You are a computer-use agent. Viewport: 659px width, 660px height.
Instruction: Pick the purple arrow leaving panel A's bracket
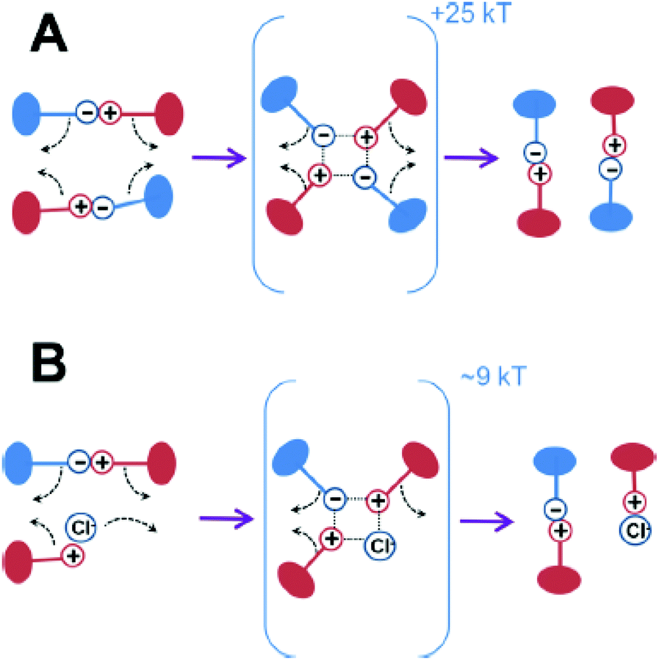coord(470,156)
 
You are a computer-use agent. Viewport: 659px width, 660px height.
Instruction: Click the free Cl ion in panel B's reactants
coord(79,526)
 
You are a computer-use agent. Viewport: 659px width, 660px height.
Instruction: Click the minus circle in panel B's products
coord(555,509)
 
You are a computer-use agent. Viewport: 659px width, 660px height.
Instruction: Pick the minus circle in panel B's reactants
coord(79,462)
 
